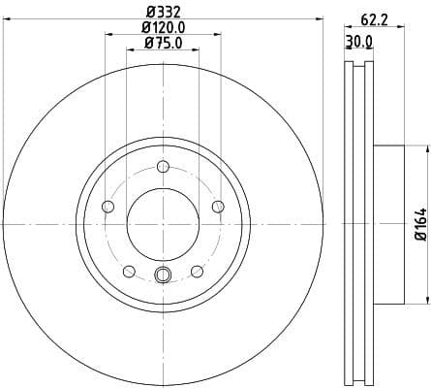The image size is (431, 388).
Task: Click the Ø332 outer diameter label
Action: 162,13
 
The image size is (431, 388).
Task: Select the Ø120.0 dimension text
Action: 162,28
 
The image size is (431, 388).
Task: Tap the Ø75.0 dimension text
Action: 162,43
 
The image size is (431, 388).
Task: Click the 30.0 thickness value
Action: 359,42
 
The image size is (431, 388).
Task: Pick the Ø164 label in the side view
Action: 420,224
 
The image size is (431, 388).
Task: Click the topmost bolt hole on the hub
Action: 163,166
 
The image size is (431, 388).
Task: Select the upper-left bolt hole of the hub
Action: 108,207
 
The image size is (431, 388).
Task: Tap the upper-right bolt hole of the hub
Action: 218,207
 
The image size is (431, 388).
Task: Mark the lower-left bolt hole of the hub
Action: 129,271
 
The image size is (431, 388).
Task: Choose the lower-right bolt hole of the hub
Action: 197,271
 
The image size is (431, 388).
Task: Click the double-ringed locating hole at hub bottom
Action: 163,275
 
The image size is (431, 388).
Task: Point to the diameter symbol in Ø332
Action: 146,13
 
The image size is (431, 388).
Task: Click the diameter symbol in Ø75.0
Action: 147,43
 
